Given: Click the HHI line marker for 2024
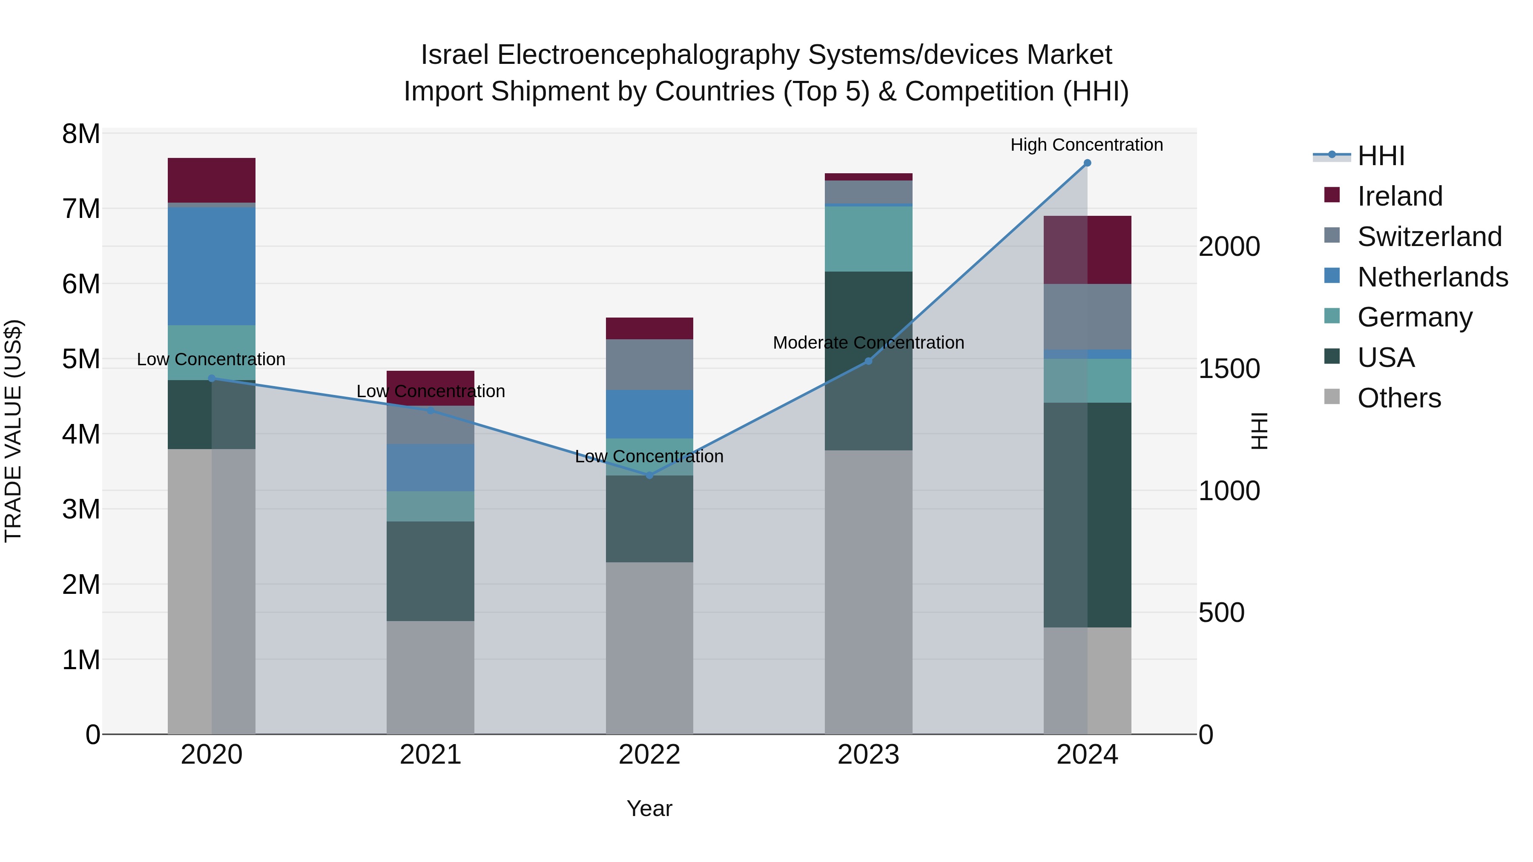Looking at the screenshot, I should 1087,163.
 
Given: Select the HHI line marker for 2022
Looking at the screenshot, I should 649,475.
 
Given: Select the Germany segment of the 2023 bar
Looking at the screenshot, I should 868,238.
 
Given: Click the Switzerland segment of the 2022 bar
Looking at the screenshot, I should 649,365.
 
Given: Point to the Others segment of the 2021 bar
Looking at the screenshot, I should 430,678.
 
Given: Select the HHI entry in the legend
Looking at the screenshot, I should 1381,156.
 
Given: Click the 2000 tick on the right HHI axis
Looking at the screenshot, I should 1229,247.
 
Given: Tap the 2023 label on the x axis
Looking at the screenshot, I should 868,755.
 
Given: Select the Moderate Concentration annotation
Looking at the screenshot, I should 868,343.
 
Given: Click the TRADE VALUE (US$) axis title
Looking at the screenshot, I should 14,431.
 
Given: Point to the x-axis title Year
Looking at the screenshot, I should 649,808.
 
